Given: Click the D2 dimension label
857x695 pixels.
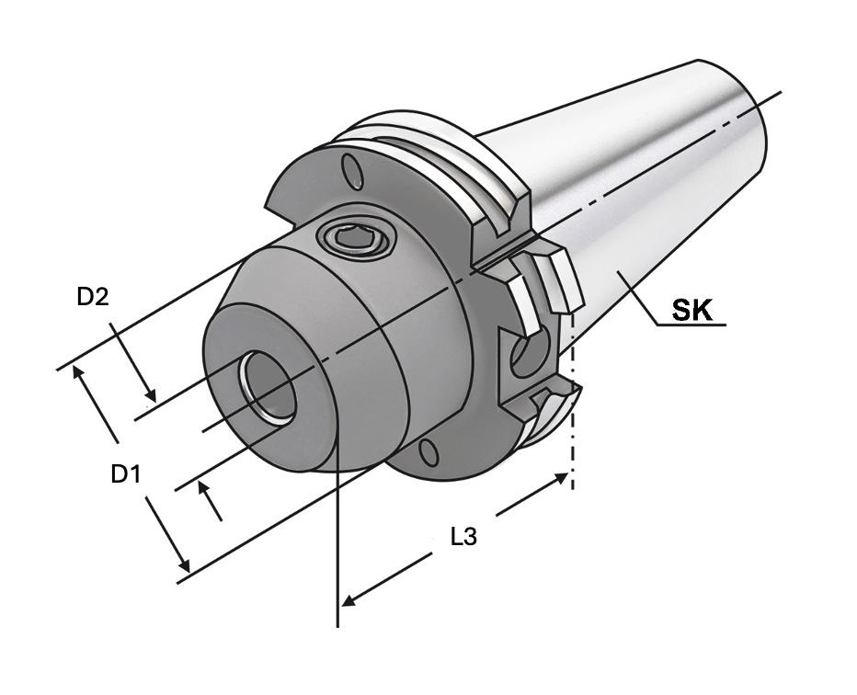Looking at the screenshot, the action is (x=93, y=297).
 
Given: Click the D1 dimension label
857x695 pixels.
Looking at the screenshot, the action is (x=126, y=473).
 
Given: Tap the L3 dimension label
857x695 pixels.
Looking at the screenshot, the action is (x=463, y=537).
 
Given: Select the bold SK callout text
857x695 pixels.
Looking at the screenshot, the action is (x=691, y=311).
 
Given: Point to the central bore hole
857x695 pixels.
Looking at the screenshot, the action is (x=268, y=386).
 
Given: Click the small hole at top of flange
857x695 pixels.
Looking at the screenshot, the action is (x=352, y=171).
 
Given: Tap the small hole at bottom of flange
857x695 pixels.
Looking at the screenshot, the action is (x=429, y=454).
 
